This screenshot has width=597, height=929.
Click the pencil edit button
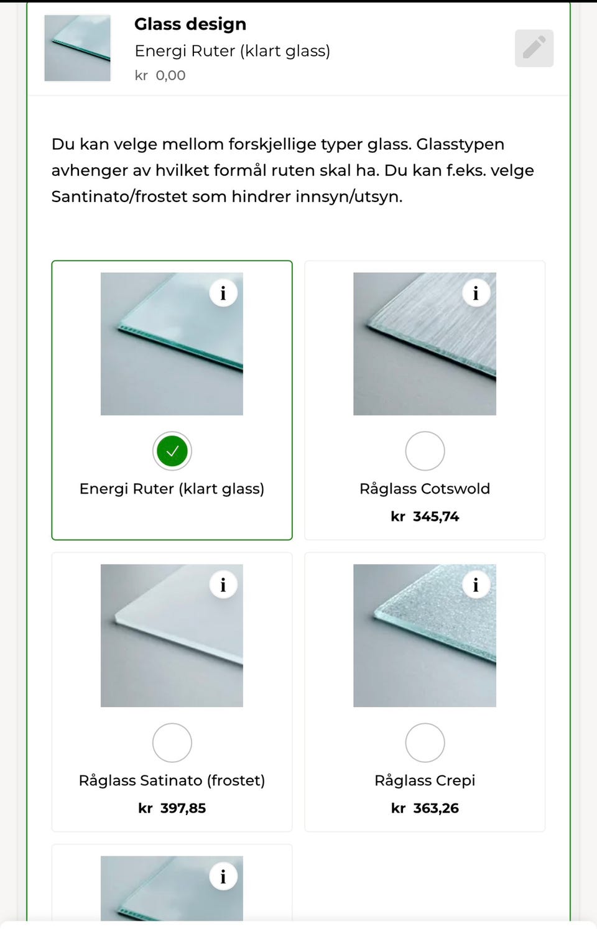tap(534, 48)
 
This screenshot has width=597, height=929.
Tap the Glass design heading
tap(190, 24)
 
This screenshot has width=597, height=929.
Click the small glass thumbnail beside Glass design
tap(78, 48)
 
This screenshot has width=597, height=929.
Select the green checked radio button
tap(172, 451)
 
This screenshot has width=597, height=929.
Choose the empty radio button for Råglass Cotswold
tap(425, 451)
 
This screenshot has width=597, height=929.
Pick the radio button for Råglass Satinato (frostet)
tap(172, 742)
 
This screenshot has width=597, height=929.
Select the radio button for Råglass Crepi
tap(425, 742)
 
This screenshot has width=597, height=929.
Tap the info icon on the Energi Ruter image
tap(223, 293)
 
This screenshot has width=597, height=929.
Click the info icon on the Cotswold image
tap(476, 293)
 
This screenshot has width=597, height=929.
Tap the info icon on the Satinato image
tap(223, 585)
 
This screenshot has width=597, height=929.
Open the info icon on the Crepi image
tap(476, 585)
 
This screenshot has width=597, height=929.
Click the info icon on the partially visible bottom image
tap(223, 876)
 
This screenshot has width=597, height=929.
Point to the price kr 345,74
tap(425, 516)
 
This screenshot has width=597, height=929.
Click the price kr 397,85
tap(172, 808)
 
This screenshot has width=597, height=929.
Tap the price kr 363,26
tap(425, 808)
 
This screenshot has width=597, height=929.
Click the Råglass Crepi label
tap(425, 780)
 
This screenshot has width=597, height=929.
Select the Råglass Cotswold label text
tap(425, 489)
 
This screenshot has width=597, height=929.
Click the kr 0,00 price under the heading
tap(160, 75)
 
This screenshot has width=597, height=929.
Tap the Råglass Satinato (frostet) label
tap(172, 780)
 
